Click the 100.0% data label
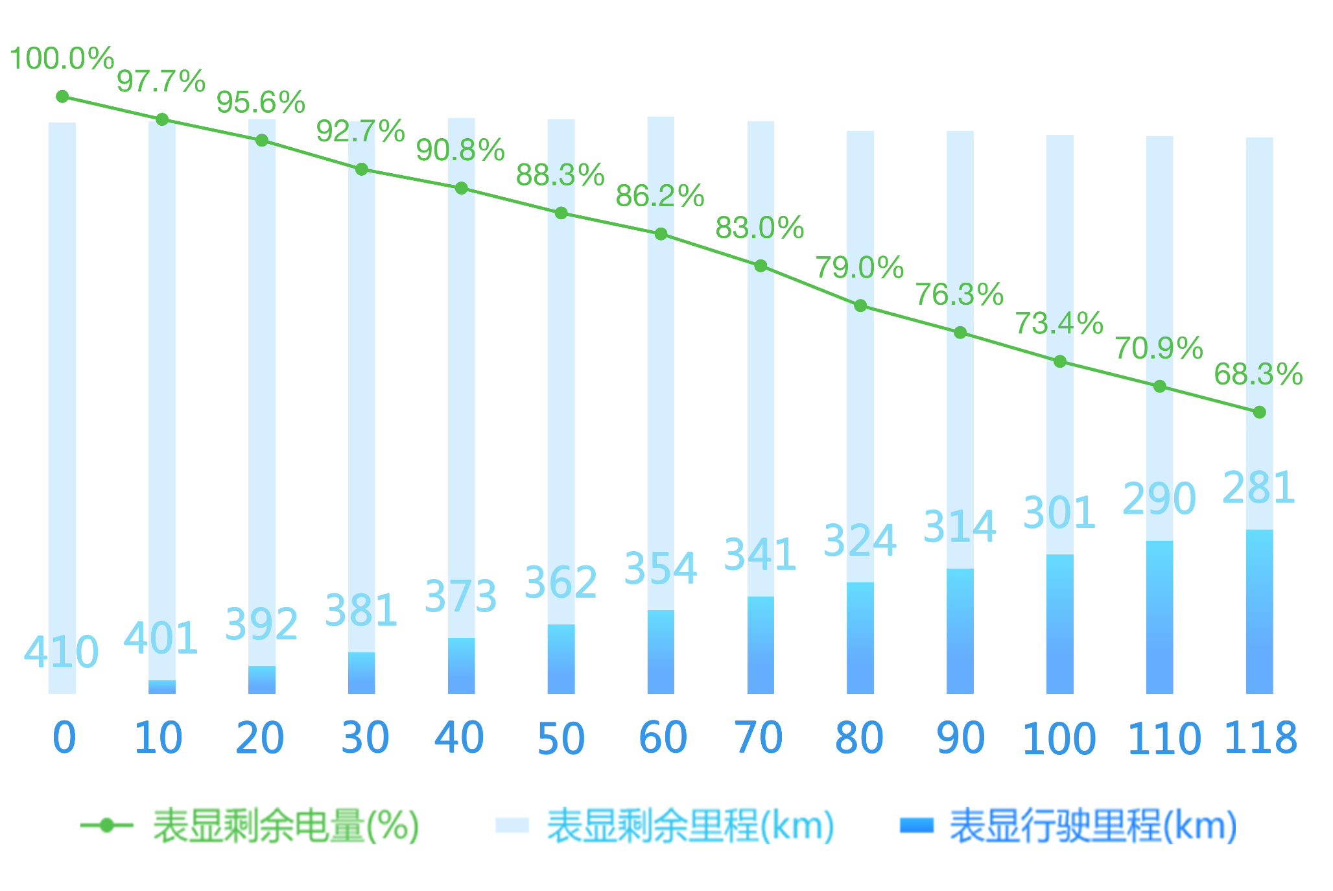tap(62, 58)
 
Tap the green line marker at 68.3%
tap(1259, 412)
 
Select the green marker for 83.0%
tap(761, 266)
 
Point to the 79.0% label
tap(859, 268)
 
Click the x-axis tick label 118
tap(1260, 737)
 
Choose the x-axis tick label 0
tap(64, 737)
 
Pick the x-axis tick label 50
tap(561, 739)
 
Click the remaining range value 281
tap(1258, 488)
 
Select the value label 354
tap(661, 568)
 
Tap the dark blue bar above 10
tap(162, 687)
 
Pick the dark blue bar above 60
tap(661, 652)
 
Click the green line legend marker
tap(107, 826)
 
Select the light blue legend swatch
tap(512, 826)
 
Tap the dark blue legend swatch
tap(917, 826)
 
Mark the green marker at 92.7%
tap(362, 169)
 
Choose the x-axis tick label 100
tap(1059, 739)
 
